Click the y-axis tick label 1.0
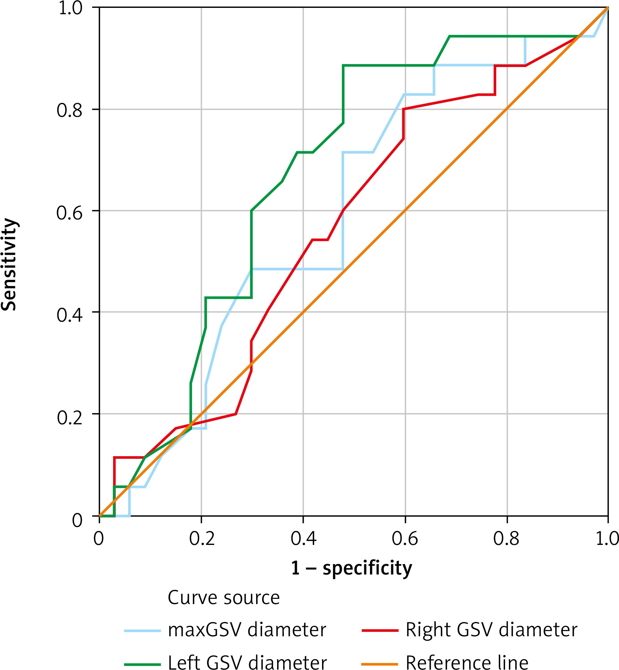(x=70, y=8)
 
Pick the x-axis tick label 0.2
(x=202, y=539)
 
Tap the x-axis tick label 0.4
(x=303, y=539)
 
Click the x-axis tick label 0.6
(x=405, y=539)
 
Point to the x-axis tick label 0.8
(x=506, y=539)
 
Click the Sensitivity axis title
(x=9, y=264)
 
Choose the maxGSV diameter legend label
(x=247, y=630)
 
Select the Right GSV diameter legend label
(x=491, y=630)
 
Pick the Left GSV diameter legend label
(x=247, y=662)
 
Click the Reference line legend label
(x=467, y=662)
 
